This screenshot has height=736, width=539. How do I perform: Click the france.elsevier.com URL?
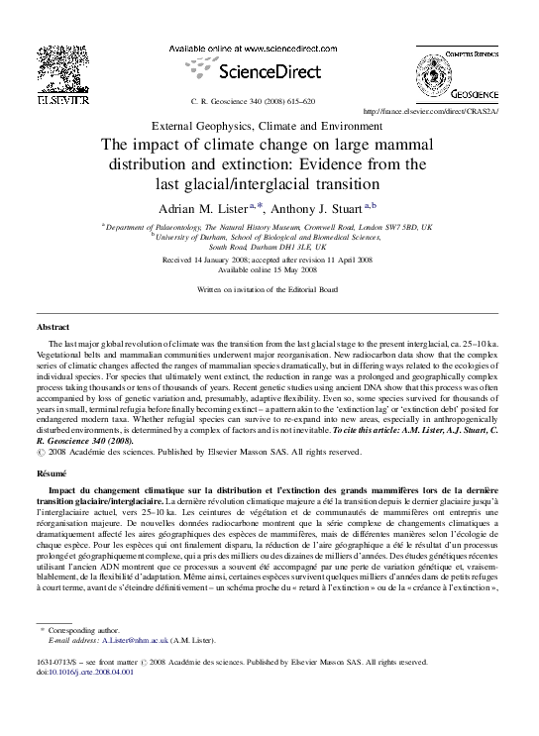coord(432,110)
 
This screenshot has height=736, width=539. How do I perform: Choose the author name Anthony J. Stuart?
coord(320,207)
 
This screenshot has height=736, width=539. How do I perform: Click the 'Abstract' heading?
coord(53,326)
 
